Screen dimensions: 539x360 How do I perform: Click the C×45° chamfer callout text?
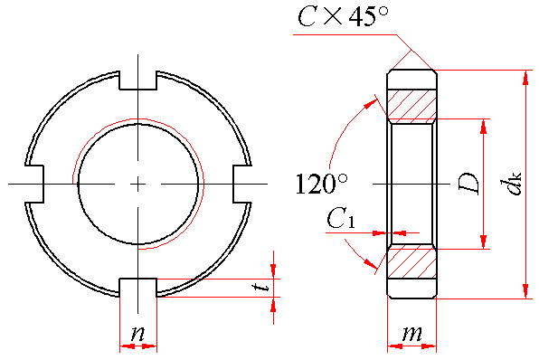coord(343,16)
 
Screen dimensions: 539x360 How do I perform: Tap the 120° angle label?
coord(321,184)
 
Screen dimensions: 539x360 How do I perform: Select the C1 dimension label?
coord(340,219)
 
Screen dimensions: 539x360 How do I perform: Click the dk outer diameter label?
coord(511,184)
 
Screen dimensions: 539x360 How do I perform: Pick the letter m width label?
coord(411,333)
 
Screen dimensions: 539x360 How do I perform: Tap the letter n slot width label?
coord(137,333)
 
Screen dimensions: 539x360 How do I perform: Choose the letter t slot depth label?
coord(264,287)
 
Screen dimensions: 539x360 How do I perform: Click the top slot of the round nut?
coord(137,81)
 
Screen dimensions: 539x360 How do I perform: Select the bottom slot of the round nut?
coord(137,287)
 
